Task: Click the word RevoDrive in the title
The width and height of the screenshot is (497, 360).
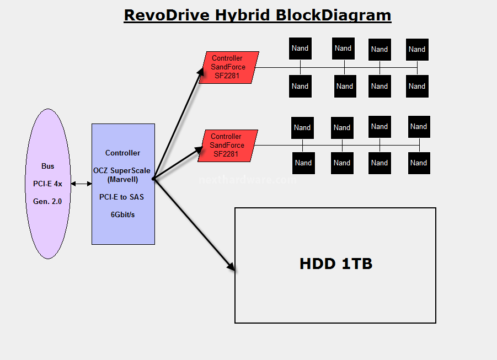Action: [167, 15]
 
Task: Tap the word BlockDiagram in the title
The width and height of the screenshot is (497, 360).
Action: [333, 15]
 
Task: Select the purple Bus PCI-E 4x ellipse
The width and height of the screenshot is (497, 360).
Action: [48, 184]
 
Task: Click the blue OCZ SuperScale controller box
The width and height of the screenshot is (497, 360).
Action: [124, 184]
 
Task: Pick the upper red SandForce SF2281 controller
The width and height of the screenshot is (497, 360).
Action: [229, 67]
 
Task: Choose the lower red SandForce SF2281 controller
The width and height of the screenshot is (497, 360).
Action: [228, 146]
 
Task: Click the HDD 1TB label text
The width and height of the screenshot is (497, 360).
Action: [336, 264]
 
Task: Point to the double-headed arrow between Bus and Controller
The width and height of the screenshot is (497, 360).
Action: [82, 184]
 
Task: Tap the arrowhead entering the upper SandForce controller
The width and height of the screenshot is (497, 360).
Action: [200, 71]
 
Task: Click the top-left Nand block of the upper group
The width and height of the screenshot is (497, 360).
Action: [300, 49]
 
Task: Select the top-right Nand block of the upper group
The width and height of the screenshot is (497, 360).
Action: [417, 50]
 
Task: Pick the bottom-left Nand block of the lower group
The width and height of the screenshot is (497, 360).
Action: [303, 163]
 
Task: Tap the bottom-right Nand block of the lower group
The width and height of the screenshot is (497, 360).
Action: [419, 163]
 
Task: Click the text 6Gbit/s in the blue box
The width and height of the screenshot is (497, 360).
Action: [122, 215]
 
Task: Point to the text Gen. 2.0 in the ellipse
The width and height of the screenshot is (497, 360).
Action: [47, 202]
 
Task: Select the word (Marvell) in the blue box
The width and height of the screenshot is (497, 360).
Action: [122, 180]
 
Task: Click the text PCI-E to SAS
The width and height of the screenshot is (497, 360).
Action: [122, 197]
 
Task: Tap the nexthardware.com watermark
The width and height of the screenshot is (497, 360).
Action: [248, 180]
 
